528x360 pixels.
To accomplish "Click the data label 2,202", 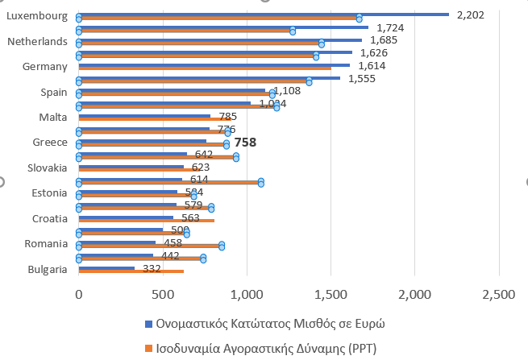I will (x=470, y=14).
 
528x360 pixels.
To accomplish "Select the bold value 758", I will (x=245, y=143).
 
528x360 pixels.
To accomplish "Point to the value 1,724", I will (x=390, y=27).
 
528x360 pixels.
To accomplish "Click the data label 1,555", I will (x=362, y=79).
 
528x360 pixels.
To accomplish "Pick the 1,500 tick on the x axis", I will (x=330, y=296).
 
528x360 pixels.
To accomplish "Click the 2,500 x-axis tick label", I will (x=497, y=296).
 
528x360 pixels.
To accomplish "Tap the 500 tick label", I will (x=162, y=296).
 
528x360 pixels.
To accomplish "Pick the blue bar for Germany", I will (x=214, y=64).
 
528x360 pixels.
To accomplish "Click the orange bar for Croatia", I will (x=146, y=221).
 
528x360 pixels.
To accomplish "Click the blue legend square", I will (x=148, y=324).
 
